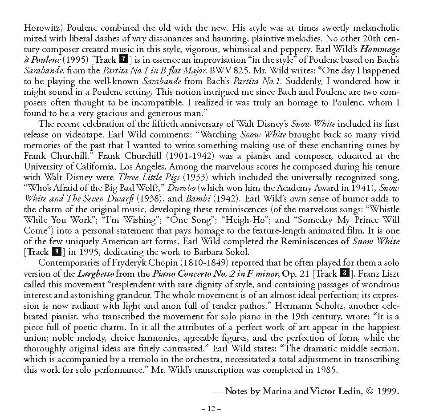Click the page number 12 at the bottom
(211, 409)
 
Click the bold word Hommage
(379, 49)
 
